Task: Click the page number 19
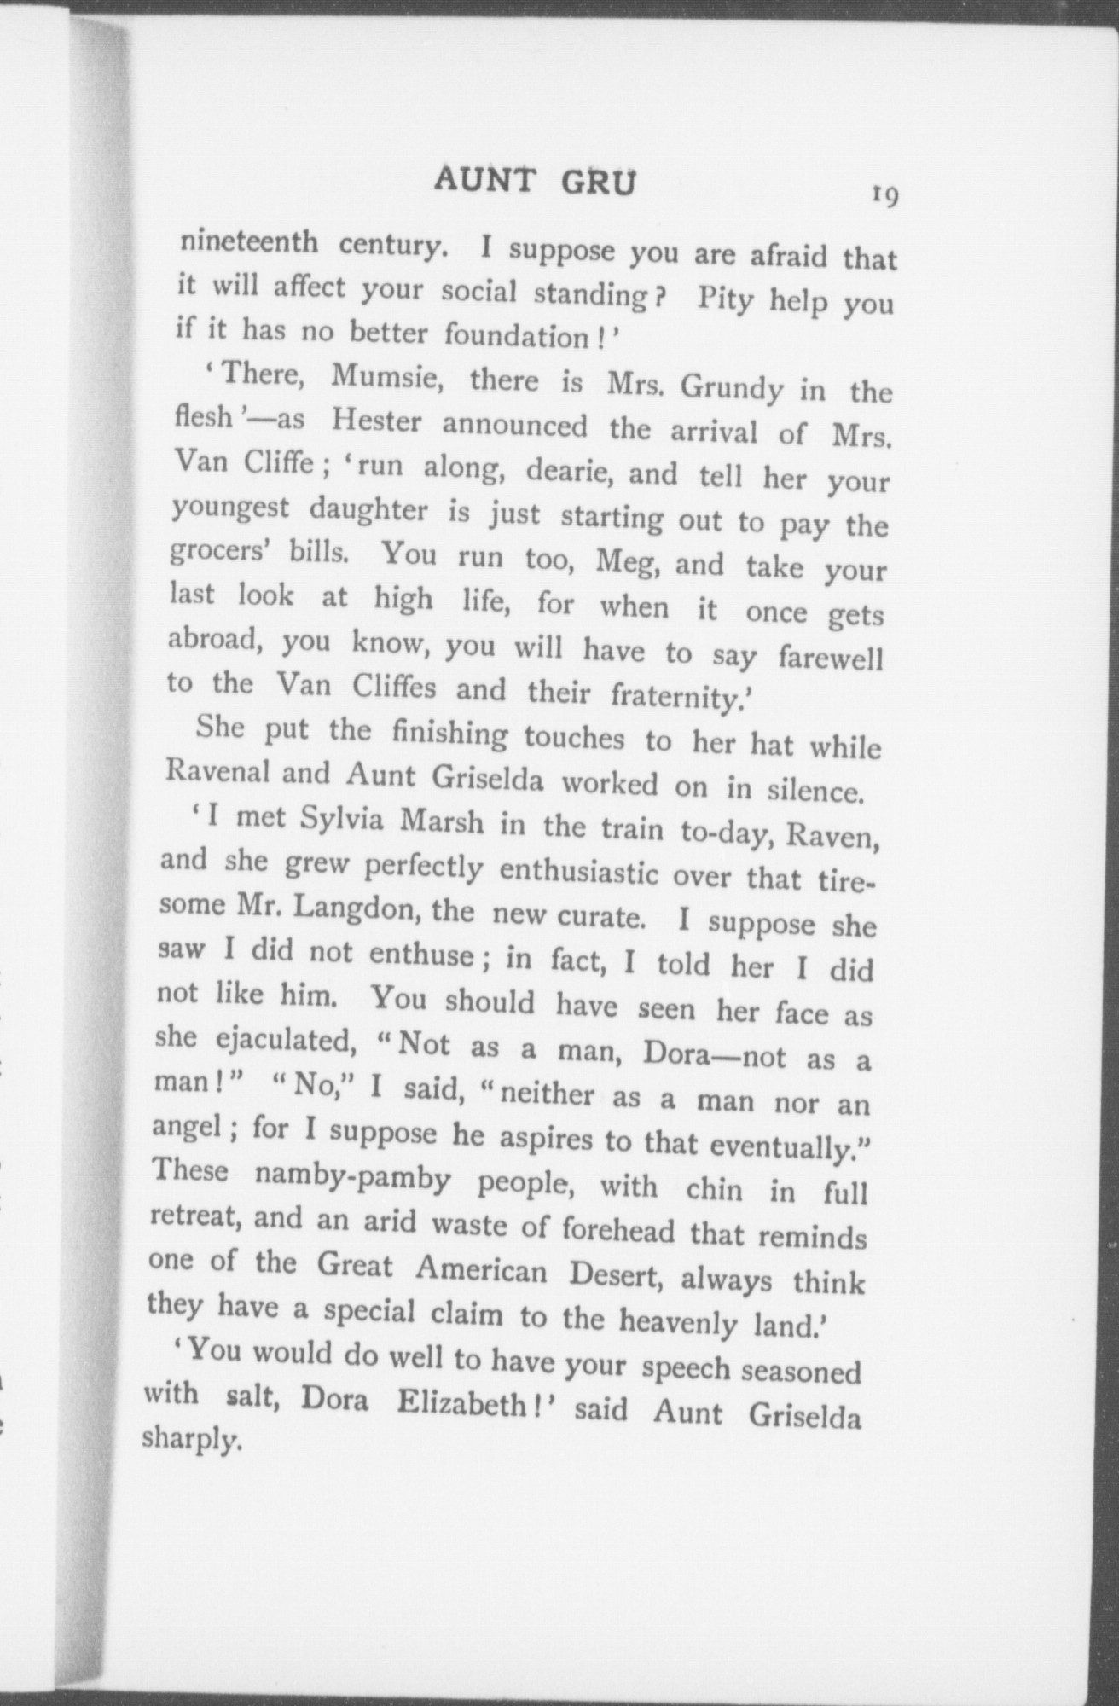(x=883, y=196)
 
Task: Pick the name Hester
(x=376, y=422)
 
